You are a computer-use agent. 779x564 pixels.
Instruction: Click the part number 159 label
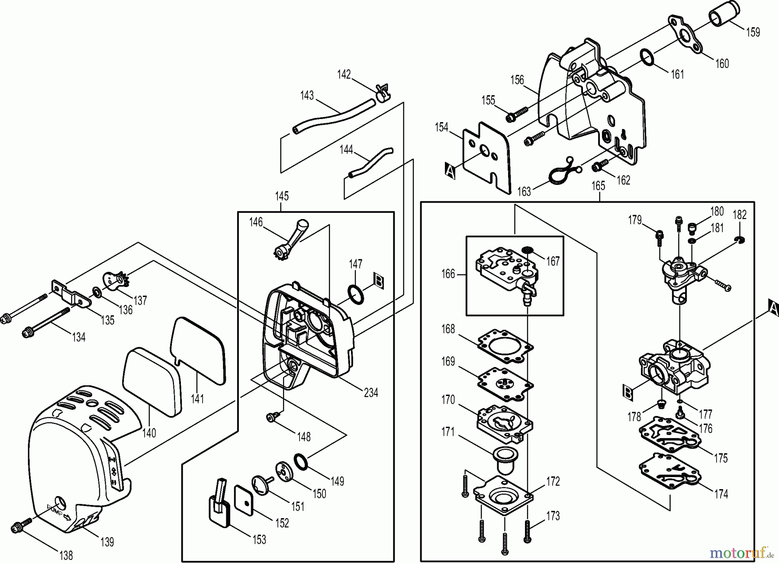pyautogui.click(x=753, y=32)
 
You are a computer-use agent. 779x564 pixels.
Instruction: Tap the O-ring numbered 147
pyautogui.click(x=356, y=294)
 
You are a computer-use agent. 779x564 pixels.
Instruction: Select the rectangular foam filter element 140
pyautogui.click(x=151, y=381)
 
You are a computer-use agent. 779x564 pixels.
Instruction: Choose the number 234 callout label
pyautogui.click(x=370, y=393)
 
